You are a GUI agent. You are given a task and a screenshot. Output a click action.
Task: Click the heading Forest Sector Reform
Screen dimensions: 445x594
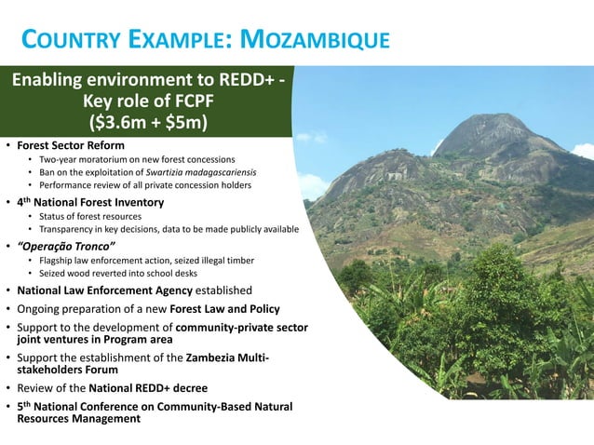click(x=71, y=145)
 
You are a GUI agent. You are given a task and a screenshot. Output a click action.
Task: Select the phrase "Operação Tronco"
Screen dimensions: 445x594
click(x=66, y=245)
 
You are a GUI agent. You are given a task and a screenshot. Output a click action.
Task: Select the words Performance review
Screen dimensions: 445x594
click(x=74, y=185)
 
